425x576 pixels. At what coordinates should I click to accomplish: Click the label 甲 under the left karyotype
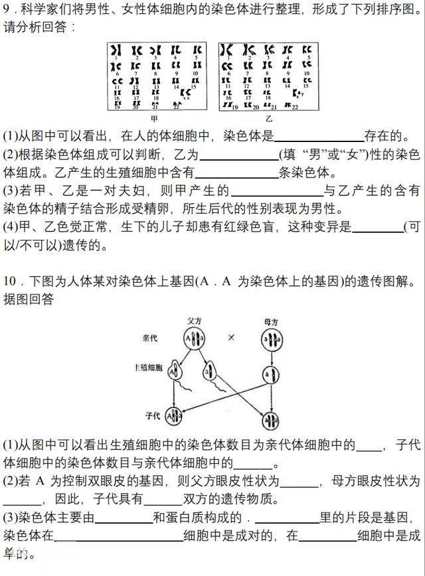pyautogui.click(x=154, y=117)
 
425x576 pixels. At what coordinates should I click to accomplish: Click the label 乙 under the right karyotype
pyautogui.click(x=269, y=117)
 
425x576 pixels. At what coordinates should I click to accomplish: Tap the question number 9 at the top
pyautogui.click(x=6, y=10)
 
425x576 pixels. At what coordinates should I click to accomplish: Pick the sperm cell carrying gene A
pyautogui.click(x=175, y=372)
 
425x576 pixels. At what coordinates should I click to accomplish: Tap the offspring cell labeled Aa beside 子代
pyautogui.click(x=173, y=417)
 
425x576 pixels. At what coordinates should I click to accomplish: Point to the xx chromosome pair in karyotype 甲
pyautogui.click(x=177, y=94)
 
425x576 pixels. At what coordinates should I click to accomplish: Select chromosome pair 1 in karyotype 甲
pyautogui.click(x=116, y=50)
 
